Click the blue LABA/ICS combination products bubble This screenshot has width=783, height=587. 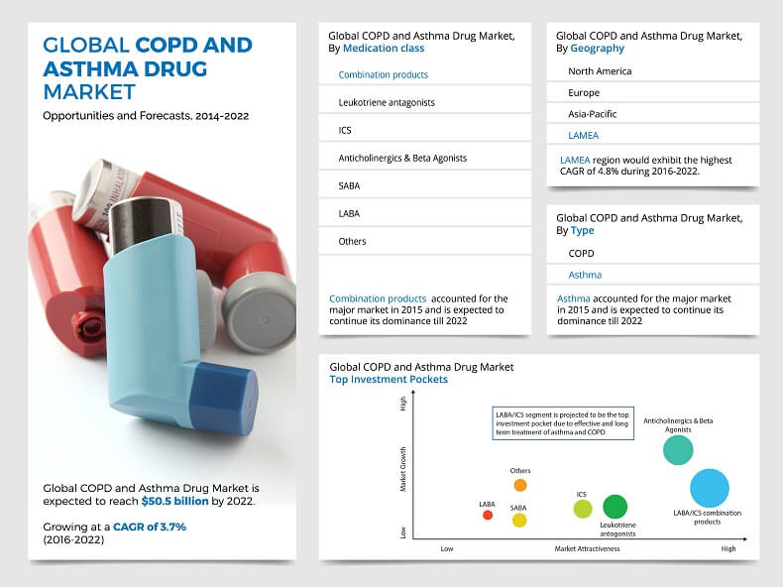(709, 488)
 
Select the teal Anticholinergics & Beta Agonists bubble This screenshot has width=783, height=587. (678, 450)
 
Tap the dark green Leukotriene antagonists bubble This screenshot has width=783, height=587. (615, 507)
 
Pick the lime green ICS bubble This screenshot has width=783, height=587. (583, 509)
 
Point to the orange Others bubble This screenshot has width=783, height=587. (520, 485)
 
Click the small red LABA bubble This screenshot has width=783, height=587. (488, 515)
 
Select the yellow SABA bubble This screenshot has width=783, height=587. (519, 520)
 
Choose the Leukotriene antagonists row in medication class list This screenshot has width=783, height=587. (387, 102)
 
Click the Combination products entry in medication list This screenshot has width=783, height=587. (384, 74)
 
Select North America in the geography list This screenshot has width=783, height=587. (600, 71)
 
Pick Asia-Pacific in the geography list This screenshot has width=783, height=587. (593, 114)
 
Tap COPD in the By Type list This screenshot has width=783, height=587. (582, 253)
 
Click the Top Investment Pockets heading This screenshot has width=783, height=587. (389, 379)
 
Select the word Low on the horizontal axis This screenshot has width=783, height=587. (447, 548)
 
